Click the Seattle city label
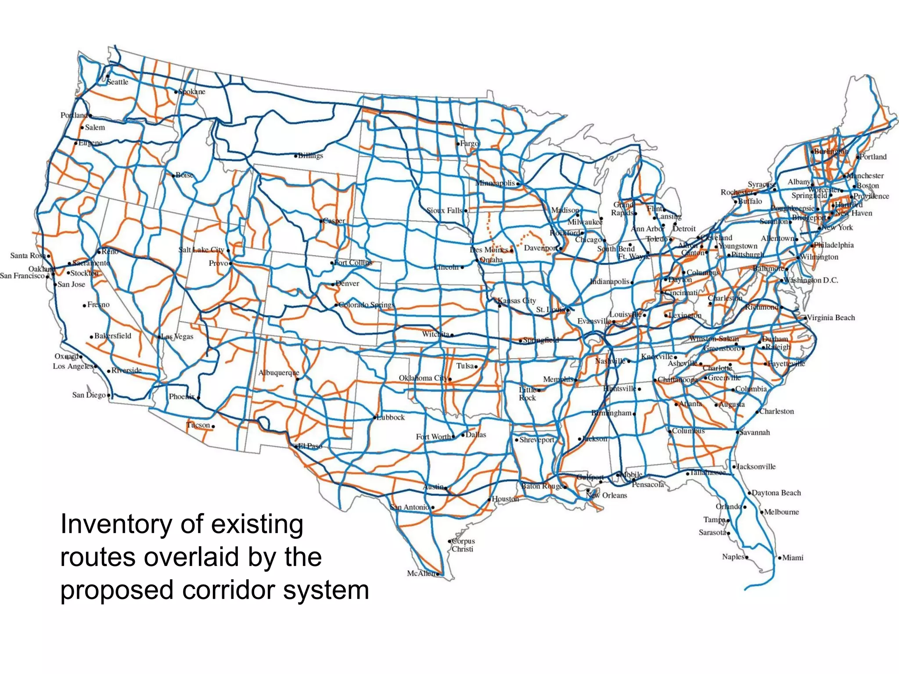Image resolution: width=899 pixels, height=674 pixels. [118, 82]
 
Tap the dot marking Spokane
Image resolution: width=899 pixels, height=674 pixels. [176, 92]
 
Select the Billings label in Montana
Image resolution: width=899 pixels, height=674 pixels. [310, 156]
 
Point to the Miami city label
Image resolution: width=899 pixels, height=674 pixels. [793, 558]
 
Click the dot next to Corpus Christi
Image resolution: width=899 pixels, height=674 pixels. [449, 541]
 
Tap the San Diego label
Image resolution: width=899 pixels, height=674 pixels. [89, 395]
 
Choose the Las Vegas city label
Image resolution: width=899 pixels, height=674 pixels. [177, 337]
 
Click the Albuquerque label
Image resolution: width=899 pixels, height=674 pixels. [279, 373]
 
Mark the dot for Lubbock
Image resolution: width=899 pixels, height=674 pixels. [375, 417]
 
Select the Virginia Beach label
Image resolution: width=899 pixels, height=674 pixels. [831, 318]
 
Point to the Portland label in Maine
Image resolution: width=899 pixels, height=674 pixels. [873, 157]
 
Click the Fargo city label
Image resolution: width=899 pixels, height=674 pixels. [470, 143]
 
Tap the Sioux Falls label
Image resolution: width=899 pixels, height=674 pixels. [445, 211]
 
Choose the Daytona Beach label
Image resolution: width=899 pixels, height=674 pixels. [776, 493]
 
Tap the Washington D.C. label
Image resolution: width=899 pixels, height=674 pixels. [811, 280]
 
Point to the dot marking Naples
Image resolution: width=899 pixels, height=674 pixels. [747, 557]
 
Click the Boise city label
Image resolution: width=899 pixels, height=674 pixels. [184, 175]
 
